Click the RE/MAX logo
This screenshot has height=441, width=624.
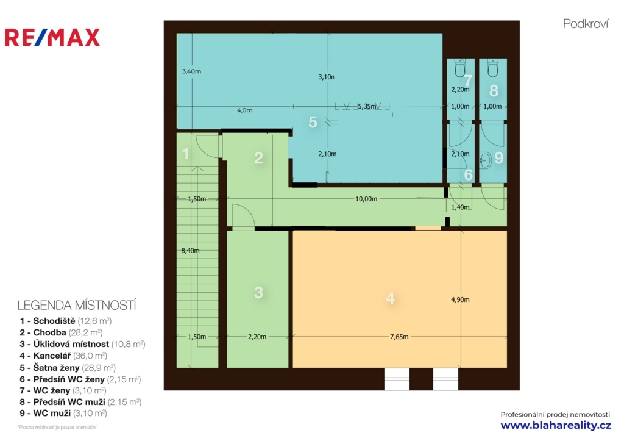click(52, 37)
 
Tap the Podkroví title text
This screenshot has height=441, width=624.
click(586, 24)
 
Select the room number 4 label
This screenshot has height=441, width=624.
click(390, 298)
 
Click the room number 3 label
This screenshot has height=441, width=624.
click(258, 293)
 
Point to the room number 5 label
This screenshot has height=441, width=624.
click(313, 122)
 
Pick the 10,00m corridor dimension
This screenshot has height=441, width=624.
click(366, 199)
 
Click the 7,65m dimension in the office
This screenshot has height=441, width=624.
click(399, 337)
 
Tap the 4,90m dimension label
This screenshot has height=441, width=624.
click(460, 299)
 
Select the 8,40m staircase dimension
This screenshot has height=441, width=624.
click(190, 251)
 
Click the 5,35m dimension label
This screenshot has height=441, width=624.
click(367, 106)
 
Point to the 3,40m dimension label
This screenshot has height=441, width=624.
click(191, 71)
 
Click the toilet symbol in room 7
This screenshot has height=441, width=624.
click(460, 68)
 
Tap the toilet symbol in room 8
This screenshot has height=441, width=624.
click(492, 68)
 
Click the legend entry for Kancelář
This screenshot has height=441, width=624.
click(63, 356)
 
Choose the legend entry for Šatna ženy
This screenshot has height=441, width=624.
click(68, 368)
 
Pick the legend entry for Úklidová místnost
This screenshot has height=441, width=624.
click(82, 344)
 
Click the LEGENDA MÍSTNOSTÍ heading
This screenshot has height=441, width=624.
click(77, 306)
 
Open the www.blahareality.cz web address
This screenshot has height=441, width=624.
click(556, 426)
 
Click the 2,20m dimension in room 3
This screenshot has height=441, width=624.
click(257, 337)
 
